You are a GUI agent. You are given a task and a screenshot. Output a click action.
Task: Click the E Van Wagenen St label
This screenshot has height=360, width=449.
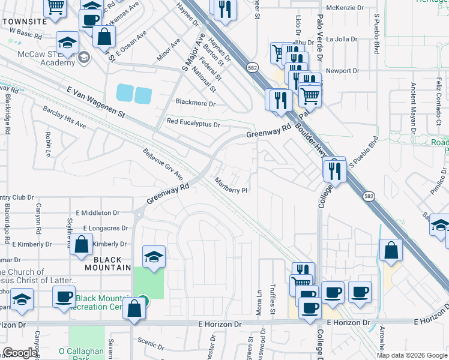94,101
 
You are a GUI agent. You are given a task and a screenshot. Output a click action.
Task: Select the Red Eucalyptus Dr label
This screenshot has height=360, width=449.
193,124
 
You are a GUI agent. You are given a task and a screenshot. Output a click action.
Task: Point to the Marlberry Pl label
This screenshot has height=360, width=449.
231,187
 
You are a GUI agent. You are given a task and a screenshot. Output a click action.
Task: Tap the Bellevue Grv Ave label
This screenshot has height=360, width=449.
163,164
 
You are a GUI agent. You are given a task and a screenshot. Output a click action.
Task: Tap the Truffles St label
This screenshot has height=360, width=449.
272,300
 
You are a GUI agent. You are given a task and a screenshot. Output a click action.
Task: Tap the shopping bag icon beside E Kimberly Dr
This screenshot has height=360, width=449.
82,244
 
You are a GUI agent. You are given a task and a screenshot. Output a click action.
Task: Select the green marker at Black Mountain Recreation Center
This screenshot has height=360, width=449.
142,300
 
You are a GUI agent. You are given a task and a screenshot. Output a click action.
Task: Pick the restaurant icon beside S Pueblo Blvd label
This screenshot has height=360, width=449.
334,170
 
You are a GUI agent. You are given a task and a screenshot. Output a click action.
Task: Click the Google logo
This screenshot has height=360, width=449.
20,353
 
